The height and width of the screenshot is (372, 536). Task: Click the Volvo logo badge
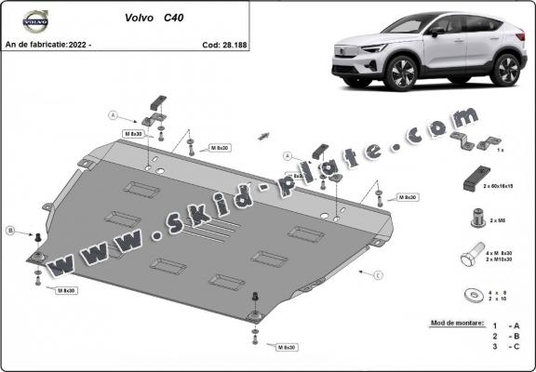(x=34, y=20)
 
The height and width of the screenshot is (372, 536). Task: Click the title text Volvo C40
(x=153, y=17)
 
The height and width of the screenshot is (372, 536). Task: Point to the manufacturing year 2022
(x=94, y=44)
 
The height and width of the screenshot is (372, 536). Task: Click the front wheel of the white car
(x=403, y=72)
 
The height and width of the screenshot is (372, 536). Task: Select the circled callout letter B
(x=10, y=230)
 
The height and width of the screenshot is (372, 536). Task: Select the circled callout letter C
(x=378, y=276)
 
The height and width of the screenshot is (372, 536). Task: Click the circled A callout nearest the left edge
(x=113, y=115)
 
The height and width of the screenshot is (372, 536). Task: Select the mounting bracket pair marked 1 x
(x=472, y=141)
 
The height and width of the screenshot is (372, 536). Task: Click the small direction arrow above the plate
(x=265, y=137)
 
